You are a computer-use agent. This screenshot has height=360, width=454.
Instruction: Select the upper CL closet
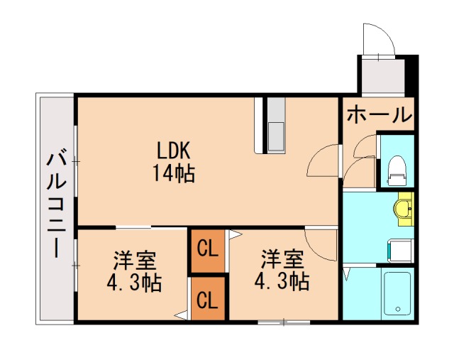coord(207,249)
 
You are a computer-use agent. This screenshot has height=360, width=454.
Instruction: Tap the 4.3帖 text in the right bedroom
coord(281,281)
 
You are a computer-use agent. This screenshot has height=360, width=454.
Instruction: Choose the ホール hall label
coord(379,114)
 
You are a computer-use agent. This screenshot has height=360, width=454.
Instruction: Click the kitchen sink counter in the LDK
coord(275,125)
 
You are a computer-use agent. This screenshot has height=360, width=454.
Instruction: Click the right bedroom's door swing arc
coord(319,244)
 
